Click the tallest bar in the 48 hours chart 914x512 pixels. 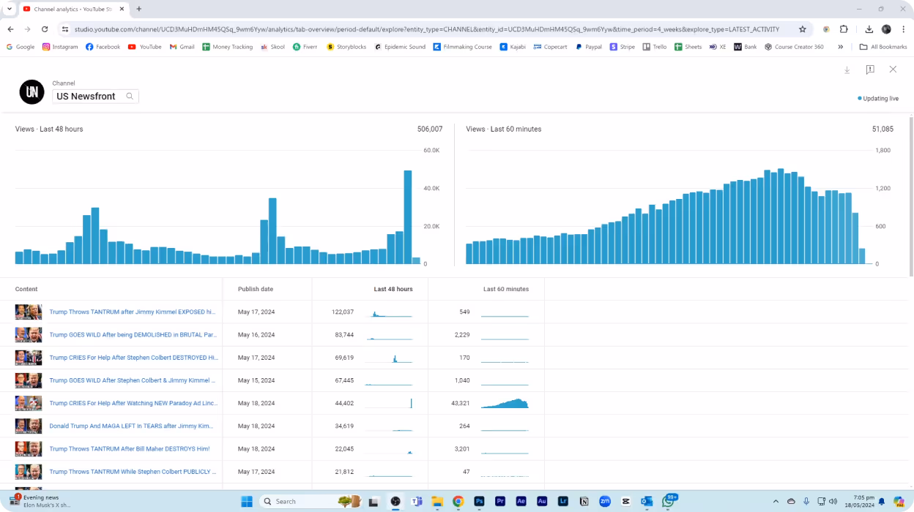[408, 217]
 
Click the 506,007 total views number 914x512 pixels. [430, 129]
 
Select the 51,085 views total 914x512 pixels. [883, 129]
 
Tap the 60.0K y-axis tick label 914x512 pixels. [431, 150]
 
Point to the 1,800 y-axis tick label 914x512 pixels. [883, 150]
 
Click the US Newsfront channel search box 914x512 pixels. [96, 96]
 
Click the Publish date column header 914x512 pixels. [256, 289]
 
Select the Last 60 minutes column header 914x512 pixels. [506, 289]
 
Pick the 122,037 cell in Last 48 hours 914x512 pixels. [343, 312]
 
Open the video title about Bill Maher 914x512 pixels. [130, 448]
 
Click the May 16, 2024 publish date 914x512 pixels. [256, 335]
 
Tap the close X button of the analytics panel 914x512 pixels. [893, 69]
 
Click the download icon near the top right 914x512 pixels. [847, 69]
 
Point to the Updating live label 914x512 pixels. [880, 98]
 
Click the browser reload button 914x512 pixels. [45, 29]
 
